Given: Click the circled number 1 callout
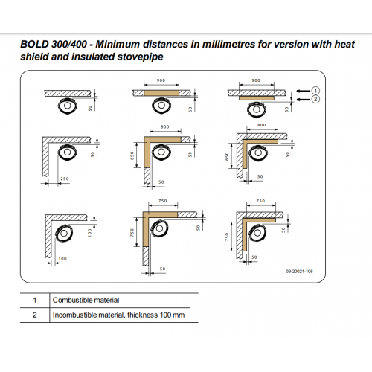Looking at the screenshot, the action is pos(315,91).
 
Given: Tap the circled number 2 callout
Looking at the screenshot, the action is pos(315,100).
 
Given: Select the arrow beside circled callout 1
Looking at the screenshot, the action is pos(304,91).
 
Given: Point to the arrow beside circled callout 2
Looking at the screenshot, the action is pos(304,100).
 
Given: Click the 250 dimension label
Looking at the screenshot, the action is pos(65,179).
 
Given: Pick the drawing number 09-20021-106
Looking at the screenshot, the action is pos(299,272).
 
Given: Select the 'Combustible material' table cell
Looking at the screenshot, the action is pos(86,300).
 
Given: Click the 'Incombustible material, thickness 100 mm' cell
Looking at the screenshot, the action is pos(118,315).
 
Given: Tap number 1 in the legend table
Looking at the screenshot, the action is pos(35,300).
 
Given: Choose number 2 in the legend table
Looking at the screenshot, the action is pos(35,315).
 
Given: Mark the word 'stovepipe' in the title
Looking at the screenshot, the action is pos(140,57).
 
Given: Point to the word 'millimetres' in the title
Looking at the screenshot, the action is pos(228,44).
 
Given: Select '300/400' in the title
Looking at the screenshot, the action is pos(69,44).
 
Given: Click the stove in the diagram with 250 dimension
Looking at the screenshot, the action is pos(67,152).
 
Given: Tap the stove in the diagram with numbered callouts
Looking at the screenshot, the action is pos(257,109).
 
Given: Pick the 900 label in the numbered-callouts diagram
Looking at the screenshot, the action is pos(256,80).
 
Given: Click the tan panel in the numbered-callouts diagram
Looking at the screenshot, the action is pos(257,98).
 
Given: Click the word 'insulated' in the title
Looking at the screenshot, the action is pos(94,57).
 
